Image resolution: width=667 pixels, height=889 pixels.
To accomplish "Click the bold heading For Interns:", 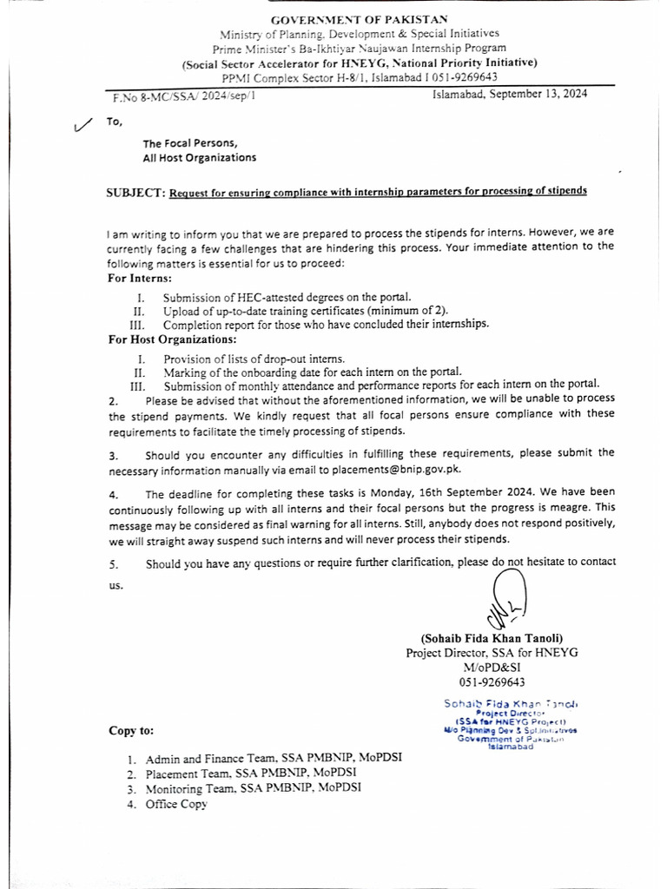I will pos(139,279).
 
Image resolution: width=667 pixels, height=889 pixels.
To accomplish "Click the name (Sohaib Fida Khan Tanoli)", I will pos(492,638).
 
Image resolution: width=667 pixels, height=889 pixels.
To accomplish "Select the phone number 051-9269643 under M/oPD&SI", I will pos(492,682).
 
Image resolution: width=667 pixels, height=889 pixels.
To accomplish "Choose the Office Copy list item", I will pos(176,805).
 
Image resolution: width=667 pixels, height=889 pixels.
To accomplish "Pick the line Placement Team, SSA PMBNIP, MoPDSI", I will pos(250,774).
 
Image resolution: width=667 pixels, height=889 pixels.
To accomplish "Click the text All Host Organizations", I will pos(200,158).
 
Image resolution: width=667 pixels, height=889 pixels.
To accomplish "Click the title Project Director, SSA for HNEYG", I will pos(492,653).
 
